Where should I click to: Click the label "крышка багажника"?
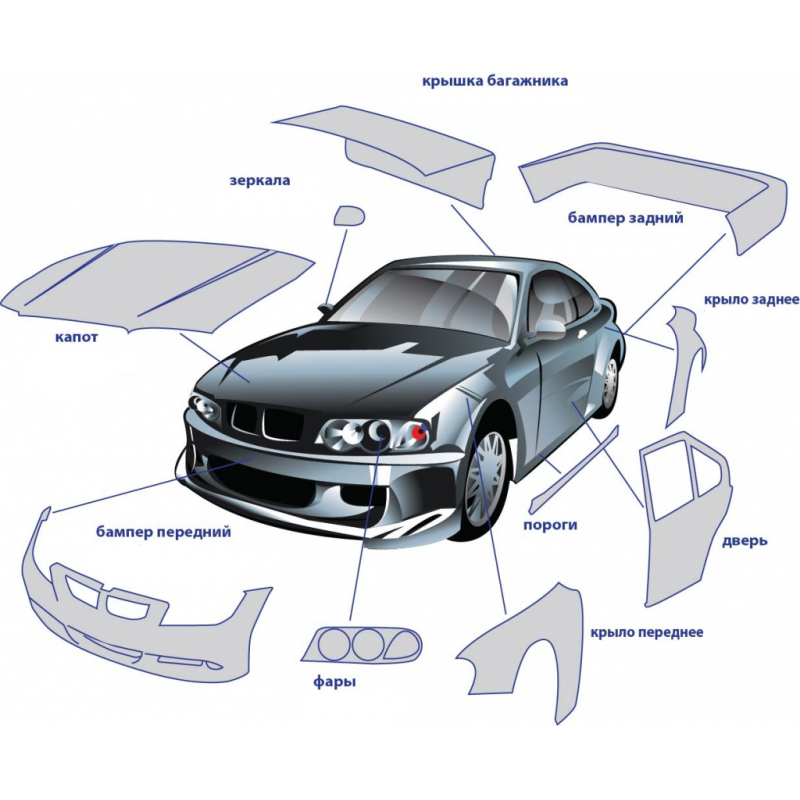(495, 80)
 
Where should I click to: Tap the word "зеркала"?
(260, 181)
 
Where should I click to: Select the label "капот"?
(76, 337)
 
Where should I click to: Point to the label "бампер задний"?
(625, 217)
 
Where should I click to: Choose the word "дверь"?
(744, 541)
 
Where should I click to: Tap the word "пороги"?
(550, 524)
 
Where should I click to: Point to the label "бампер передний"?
(164, 532)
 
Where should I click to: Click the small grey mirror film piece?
(348, 215)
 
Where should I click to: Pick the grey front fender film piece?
(520, 650)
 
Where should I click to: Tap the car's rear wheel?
(609, 384)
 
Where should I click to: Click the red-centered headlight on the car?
(412, 433)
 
